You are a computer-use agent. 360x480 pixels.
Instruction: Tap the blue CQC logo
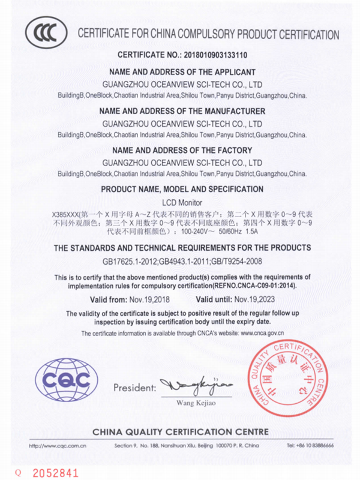67,379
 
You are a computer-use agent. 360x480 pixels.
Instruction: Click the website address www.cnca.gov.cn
262,333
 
